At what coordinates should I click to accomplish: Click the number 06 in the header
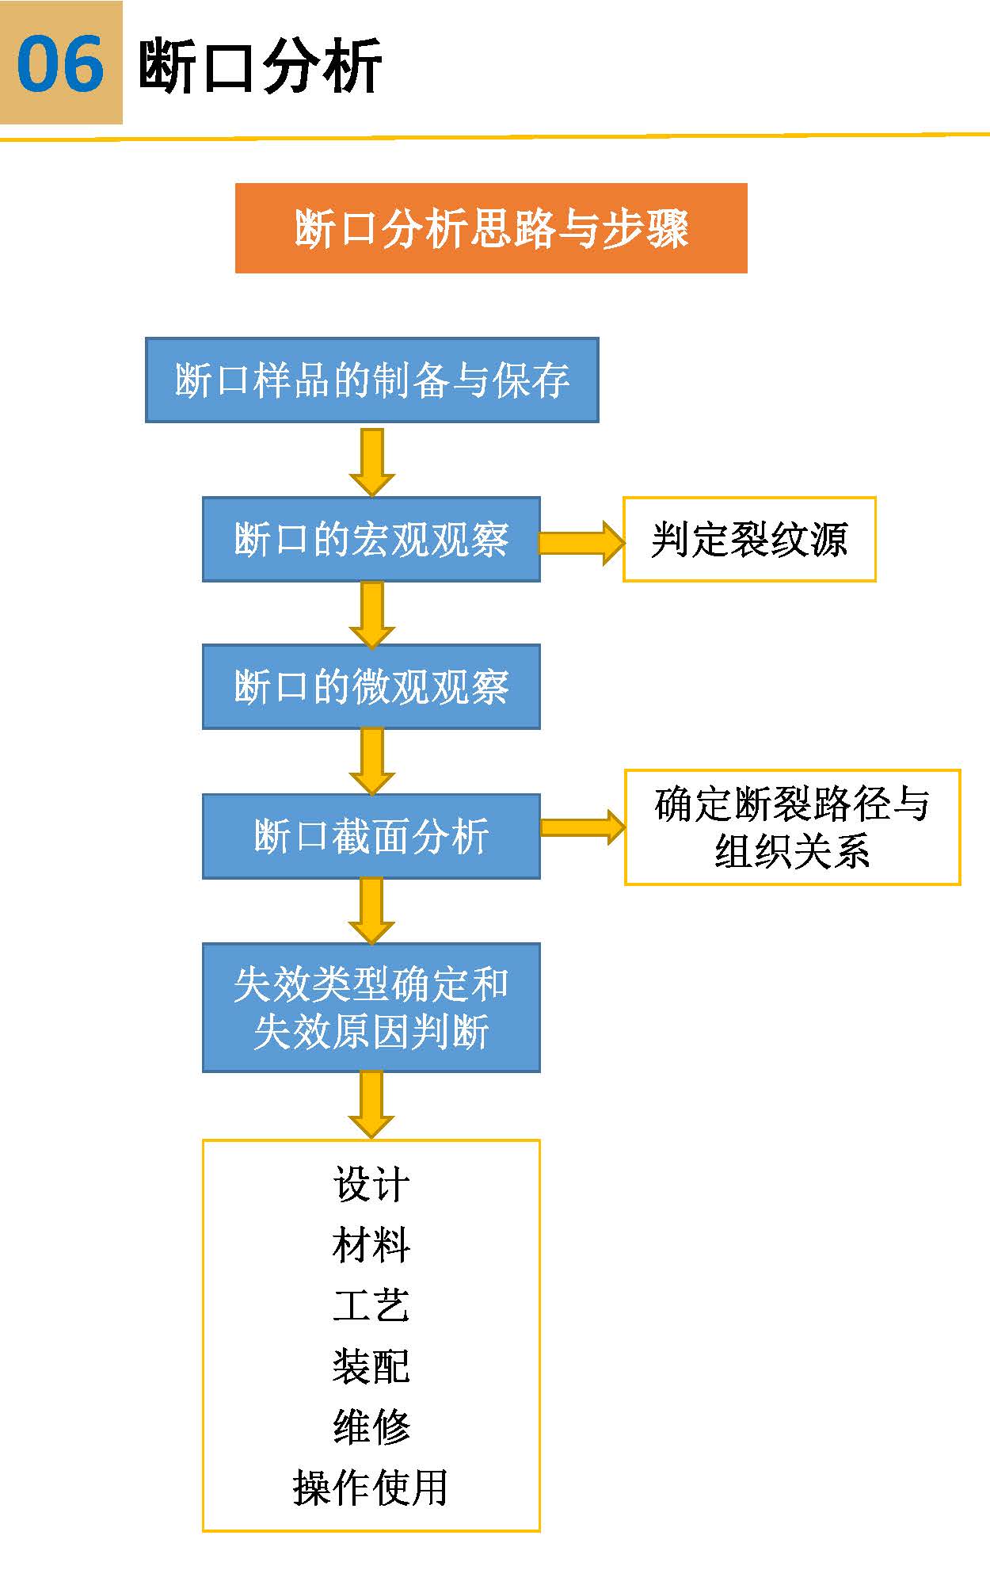60,63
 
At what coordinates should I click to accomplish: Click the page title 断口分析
260,66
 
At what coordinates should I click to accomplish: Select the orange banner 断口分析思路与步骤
491,228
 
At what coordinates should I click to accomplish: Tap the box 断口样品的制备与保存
371,380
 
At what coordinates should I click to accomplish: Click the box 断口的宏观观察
371,540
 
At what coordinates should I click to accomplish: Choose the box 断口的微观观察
371,686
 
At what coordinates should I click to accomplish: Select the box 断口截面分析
371,836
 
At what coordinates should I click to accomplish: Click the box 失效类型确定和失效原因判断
371,1007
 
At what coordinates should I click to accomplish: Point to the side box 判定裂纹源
749,540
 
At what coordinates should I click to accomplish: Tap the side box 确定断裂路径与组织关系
792,827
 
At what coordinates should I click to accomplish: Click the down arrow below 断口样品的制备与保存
371,461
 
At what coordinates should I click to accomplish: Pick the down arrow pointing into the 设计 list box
371,1104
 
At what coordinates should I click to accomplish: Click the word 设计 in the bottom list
371,1185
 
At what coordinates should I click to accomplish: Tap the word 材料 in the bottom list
371,1245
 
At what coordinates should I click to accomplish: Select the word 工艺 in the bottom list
371,1305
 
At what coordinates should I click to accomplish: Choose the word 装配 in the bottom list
371,1365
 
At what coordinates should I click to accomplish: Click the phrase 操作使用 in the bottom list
371,1487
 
